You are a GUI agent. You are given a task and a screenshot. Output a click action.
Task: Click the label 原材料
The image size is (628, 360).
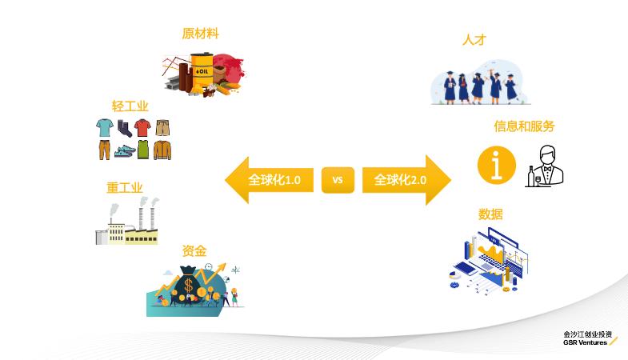[200, 34]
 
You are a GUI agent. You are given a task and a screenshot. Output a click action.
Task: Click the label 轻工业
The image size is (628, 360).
[130, 106]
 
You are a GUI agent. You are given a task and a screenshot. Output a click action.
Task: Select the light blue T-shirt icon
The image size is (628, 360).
[105, 128]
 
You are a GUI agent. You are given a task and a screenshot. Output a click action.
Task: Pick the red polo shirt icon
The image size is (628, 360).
[142, 128]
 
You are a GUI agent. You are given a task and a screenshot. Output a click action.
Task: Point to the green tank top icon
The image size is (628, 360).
[142, 150]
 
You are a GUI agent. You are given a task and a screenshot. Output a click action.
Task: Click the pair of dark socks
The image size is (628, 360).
[123, 128]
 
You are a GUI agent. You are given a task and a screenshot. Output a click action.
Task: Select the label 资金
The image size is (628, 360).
[194, 250]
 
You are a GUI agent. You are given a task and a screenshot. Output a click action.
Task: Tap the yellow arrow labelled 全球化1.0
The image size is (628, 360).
[268, 180]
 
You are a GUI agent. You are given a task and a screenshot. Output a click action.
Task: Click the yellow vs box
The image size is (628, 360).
[338, 180]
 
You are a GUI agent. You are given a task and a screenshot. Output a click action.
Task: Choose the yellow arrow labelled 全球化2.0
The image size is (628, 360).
[405, 180]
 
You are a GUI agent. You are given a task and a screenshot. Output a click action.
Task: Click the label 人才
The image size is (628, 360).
[474, 39]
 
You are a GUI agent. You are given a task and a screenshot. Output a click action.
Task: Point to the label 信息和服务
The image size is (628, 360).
[524, 126]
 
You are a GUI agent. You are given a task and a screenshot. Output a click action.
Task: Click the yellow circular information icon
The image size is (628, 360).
[496, 165]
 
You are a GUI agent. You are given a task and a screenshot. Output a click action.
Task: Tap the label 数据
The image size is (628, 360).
[490, 214]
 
